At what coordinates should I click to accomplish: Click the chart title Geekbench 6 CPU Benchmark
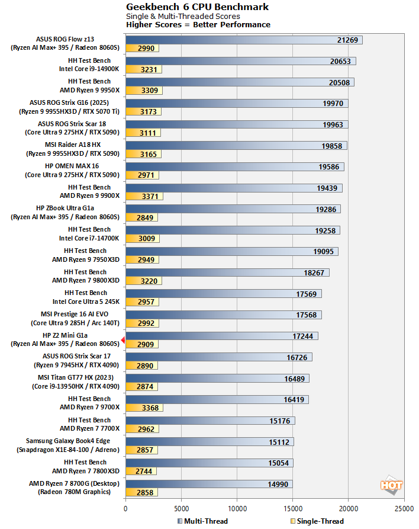(198, 7)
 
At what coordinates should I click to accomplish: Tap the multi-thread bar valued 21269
(243, 40)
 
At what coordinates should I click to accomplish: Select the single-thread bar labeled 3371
(144, 195)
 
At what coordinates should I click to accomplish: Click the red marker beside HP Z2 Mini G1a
(123, 339)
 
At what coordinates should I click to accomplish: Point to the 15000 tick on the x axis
(292, 508)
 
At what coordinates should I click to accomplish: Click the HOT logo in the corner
(392, 485)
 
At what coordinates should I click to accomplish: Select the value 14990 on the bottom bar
(278, 484)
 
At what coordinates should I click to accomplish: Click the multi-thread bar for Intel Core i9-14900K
(240, 61)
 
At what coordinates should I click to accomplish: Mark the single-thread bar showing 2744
(140, 471)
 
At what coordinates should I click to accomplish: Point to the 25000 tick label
(404, 508)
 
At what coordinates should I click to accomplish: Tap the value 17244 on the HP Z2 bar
(304, 336)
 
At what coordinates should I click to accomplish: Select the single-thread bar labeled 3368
(144, 408)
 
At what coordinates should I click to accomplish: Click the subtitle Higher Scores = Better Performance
(198, 25)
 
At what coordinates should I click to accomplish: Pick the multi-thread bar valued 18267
(227, 272)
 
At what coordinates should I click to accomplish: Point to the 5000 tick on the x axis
(181, 508)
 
